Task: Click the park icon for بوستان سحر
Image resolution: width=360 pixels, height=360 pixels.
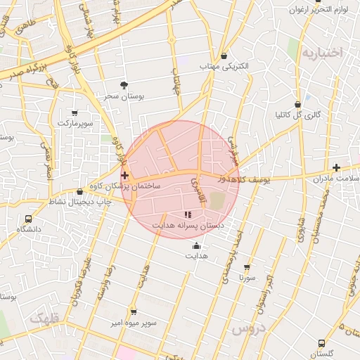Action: point(124,85)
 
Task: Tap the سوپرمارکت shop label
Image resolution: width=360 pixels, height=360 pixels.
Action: point(75,122)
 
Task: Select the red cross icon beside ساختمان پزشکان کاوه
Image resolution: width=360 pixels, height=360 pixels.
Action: point(124,175)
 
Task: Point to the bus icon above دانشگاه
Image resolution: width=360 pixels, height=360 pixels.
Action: point(28,219)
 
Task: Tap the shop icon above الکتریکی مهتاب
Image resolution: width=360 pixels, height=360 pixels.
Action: point(224,56)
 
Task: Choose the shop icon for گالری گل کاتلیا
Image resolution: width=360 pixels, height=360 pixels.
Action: point(298,105)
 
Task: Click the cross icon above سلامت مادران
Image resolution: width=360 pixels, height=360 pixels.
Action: point(337,167)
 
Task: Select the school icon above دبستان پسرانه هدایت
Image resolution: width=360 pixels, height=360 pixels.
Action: point(187,214)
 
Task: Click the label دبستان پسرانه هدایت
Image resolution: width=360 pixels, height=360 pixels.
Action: point(188,226)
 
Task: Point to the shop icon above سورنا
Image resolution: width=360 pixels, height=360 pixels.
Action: point(247,267)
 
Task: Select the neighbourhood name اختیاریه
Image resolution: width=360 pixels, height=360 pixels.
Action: point(321,53)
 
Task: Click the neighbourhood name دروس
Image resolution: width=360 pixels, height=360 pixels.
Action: point(248,328)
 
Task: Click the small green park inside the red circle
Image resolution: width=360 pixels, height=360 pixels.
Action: point(217,201)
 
